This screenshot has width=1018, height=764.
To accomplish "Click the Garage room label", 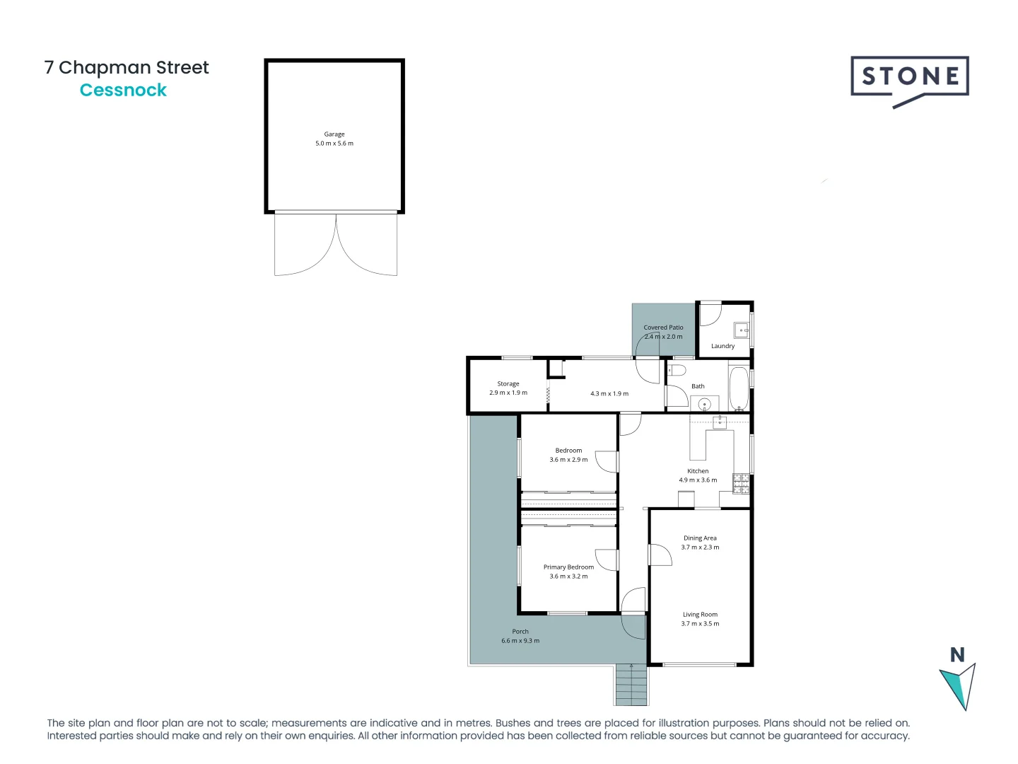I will click(334, 134).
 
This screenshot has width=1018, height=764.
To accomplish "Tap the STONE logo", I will click(909, 78).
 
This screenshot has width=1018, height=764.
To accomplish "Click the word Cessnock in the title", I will click(123, 91).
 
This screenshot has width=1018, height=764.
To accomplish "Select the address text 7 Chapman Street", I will click(127, 67).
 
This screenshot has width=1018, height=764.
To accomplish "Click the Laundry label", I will click(722, 346).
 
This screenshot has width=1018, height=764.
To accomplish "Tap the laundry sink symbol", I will click(742, 330).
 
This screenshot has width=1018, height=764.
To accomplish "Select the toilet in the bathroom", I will click(677, 371).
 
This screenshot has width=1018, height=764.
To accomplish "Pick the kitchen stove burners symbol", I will click(741, 483).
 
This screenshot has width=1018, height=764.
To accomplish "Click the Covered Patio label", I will click(663, 328).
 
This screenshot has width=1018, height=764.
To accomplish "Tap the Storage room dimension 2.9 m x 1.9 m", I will click(508, 393).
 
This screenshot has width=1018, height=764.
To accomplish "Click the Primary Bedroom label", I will click(568, 567).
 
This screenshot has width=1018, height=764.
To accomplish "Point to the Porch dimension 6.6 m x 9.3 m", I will click(520, 641).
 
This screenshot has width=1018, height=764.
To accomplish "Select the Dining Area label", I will click(700, 538).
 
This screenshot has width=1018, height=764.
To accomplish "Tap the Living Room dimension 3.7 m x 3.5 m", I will click(700, 624).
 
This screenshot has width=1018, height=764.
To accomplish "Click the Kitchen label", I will click(698, 470).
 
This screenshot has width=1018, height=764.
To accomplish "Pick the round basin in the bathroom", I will click(704, 404).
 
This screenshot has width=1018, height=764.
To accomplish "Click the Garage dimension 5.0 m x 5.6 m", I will click(334, 144).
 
